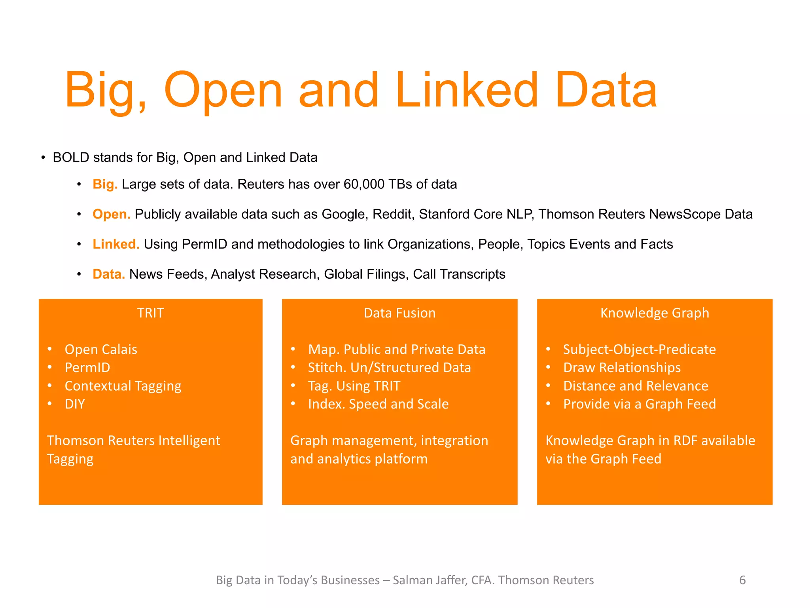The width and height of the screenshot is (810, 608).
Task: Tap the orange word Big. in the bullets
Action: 105,184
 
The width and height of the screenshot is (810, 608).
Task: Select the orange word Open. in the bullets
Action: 112,214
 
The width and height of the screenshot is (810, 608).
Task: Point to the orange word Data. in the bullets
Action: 109,274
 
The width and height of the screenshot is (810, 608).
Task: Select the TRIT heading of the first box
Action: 150,313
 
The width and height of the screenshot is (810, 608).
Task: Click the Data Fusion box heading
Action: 399,313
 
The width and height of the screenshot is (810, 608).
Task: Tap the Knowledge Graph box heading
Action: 655,313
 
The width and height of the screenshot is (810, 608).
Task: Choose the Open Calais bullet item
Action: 101,350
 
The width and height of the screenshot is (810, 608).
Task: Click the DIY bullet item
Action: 75,404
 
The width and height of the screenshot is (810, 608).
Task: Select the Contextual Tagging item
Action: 123,386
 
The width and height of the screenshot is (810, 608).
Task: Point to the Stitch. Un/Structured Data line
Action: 389,368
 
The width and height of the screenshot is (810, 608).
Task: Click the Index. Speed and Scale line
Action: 378,404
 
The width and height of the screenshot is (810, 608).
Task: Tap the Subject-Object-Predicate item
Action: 639,350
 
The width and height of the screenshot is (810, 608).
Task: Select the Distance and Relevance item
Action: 636,386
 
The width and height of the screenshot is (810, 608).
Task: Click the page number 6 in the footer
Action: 742,580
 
